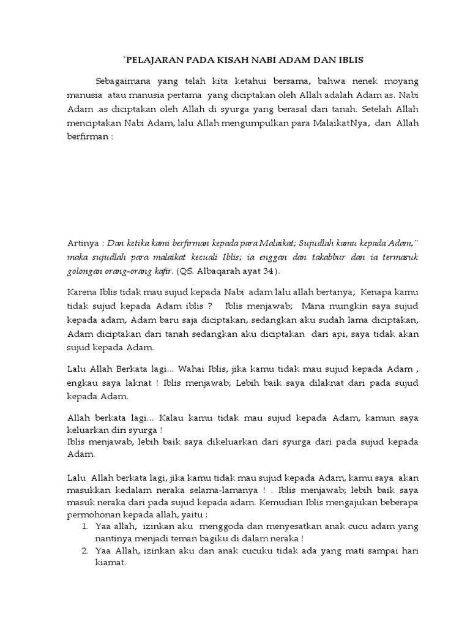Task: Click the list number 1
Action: (x=84, y=526)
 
